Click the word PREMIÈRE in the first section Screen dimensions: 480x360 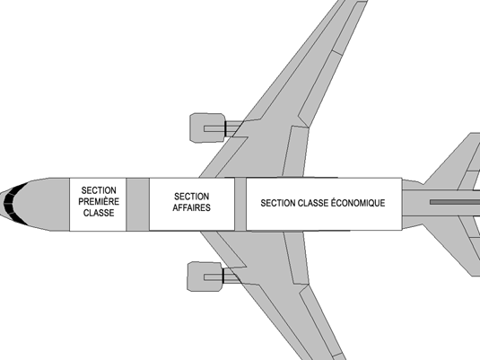pos(99,201)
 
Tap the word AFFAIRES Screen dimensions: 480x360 pos(192,207)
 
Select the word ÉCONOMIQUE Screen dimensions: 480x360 pos(358,203)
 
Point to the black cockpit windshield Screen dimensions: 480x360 pos(13,203)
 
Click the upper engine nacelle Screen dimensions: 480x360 pos(207,127)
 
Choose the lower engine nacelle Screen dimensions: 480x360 pos(205,277)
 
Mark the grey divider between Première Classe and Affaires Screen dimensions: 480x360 pos(138,204)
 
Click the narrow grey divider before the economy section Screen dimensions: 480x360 pos(240,204)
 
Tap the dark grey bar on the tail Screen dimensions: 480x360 pos(455,202)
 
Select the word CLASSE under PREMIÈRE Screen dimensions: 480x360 pos(99,213)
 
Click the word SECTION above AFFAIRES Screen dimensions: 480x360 pos(192,197)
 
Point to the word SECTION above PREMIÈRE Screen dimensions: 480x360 pos(99,190)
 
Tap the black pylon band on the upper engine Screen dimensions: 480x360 pos(225,128)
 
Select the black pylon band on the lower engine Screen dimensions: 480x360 pos(223,276)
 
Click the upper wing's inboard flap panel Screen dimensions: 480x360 pos(295,152)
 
